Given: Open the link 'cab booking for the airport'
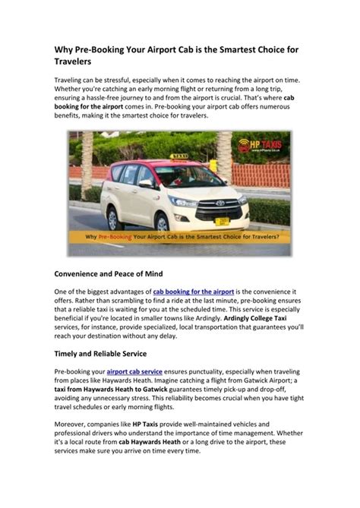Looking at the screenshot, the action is point(192,292).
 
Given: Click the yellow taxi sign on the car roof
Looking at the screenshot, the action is point(179,156).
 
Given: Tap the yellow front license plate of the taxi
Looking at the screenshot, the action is point(221,221).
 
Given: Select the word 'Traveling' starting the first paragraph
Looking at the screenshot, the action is point(70,80).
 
